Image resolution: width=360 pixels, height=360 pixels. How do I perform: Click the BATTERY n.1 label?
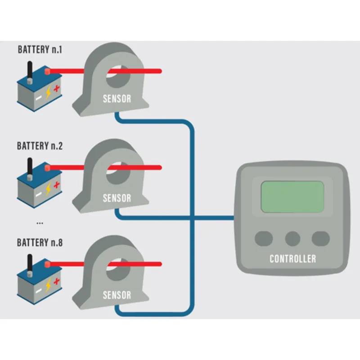(x=40, y=49)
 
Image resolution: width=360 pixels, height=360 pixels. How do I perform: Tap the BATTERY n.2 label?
(x=40, y=146)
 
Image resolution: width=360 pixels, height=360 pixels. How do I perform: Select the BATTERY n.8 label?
(x=40, y=243)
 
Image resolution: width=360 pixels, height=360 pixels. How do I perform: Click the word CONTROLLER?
(x=292, y=259)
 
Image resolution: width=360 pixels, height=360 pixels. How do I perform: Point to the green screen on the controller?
(x=292, y=197)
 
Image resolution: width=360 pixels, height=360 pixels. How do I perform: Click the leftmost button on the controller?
(x=264, y=238)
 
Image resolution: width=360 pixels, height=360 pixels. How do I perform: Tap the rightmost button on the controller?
(x=321, y=238)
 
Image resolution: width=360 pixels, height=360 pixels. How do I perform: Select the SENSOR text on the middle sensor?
(x=117, y=198)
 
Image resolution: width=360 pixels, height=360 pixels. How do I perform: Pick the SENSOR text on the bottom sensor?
(x=117, y=295)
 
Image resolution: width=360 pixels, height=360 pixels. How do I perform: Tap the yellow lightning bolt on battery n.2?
(x=49, y=188)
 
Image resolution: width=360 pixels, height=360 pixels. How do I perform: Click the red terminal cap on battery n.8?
(x=46, y=265)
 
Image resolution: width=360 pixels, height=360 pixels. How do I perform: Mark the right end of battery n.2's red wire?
(x=160, y=167)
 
